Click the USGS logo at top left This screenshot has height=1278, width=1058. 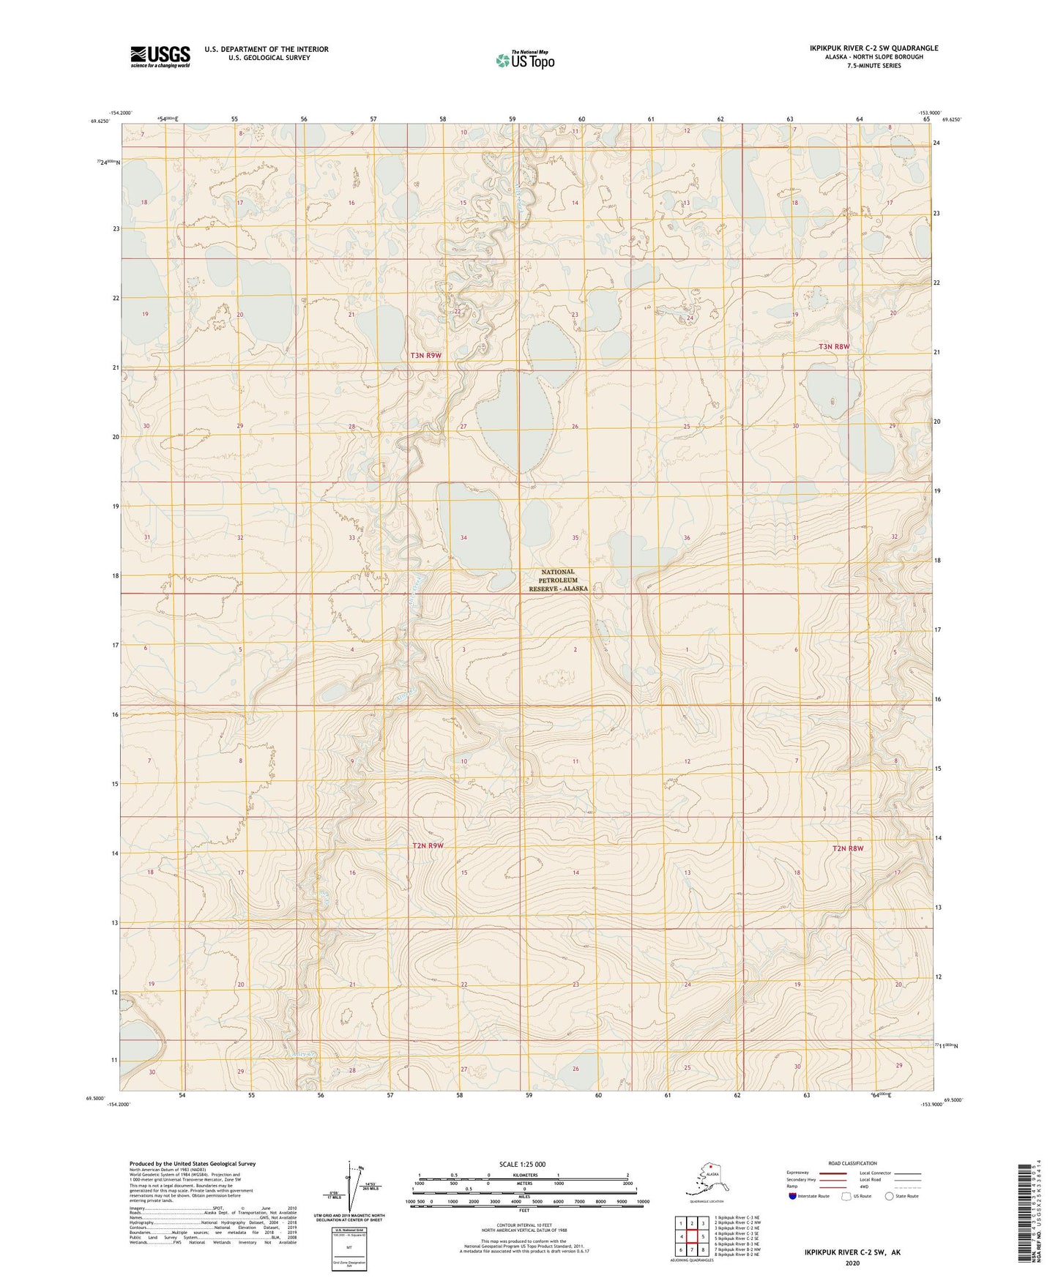[160, 56]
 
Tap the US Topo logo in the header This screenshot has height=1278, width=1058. [524, 59]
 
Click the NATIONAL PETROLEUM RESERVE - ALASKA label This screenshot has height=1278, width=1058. [558, 580]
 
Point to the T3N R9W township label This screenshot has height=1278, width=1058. [425, 356]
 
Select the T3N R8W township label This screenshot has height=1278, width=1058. [834, 347]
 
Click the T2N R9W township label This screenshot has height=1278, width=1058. [428, 845]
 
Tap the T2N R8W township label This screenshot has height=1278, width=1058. [847, 848]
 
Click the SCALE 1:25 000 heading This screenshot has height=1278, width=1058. [522, 1164]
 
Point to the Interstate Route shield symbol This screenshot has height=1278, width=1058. [792, 1196]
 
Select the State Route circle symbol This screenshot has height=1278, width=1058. [889, 1196]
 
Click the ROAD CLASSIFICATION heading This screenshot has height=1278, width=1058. [852, 1163]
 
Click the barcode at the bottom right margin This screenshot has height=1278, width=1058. [1024, 1214]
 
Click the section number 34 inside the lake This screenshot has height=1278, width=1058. [463, 538]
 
